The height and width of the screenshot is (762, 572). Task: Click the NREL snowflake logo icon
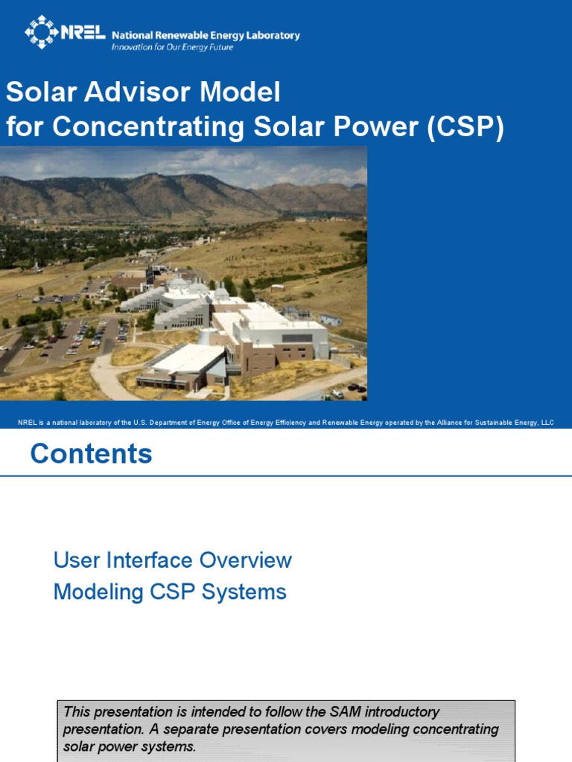coord(40,31)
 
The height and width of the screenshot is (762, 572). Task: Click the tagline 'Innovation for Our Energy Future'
coord(172,47)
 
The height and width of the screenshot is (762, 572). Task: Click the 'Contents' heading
coord(91,454)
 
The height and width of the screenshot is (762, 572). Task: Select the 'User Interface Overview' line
coord(172,560)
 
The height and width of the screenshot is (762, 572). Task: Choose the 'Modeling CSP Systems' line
coord(170,592)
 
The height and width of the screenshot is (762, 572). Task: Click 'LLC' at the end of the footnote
coord(546,423)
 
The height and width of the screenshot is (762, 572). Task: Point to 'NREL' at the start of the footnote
coord(27,423)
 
